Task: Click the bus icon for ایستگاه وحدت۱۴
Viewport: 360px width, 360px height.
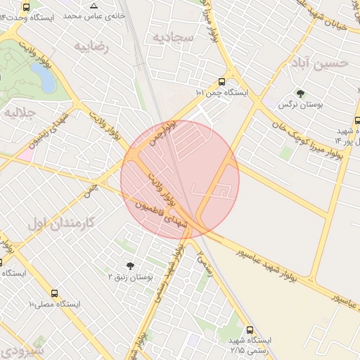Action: click(27, 7)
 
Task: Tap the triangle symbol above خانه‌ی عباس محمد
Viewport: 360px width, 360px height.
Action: click(94, 6)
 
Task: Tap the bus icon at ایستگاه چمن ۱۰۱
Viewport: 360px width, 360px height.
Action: click(222, 82)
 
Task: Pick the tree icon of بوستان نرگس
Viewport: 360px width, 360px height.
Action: click(300, 94)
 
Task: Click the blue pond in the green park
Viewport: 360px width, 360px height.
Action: click(46, 79)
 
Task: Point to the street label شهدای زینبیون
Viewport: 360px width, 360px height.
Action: click(53, 129)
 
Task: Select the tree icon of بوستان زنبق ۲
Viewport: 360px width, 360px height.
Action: click(129, 265)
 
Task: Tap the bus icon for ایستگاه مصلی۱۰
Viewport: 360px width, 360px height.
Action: click(55, 293)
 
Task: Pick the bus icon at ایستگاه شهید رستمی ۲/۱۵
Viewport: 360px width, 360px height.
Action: click(250, 329)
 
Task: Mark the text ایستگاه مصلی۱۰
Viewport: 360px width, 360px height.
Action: click(54, 304)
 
